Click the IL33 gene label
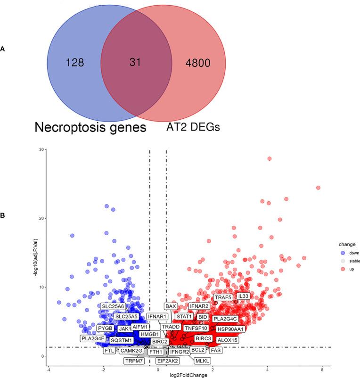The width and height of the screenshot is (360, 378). (x=243, y=296)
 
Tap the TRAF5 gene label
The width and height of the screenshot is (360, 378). (x=223, y=298)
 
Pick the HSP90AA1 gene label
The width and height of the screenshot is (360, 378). (x=231, y=328)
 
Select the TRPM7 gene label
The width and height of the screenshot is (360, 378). (x=134, y=361)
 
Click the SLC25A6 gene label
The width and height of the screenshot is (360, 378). (x=113, y=307)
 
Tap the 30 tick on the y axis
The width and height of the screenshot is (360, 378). (x=42, y=149)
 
